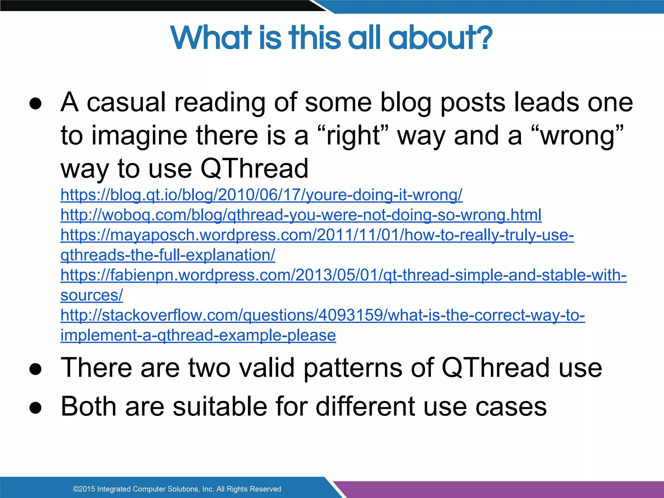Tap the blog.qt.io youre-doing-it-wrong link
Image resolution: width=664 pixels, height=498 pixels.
pyautogui.click(x=261, y=195)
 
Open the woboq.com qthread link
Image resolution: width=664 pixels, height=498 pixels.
pyautogui.click(x=301, y=215)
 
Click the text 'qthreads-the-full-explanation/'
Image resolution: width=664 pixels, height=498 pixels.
pyautogui.click(x=168, y=255)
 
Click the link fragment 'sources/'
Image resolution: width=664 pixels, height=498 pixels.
pyautogui.click(x=92, y=295)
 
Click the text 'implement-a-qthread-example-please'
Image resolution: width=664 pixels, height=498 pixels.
pyautogui.click(x=198, y=336)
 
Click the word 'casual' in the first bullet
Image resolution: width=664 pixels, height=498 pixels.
pyautogui.click(x=126, y=102)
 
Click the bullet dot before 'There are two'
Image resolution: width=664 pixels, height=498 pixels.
pyautogui.click(x=35, y=369)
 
